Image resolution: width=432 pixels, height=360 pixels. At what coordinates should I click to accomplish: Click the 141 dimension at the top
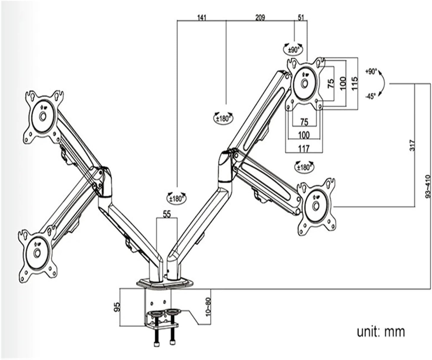tap(201, 17)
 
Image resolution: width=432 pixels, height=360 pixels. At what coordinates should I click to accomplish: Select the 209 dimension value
tap(260, 17)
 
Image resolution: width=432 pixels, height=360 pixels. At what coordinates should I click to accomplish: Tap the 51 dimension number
tap(301, 17)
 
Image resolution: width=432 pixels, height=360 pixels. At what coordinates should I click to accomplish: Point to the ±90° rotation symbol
tap(294, 49)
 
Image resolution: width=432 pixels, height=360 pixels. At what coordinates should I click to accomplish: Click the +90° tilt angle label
tap(371, 71)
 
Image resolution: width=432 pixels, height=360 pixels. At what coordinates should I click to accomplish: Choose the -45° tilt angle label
tap(370, 96)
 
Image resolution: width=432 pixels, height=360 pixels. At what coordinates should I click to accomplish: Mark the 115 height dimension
tap(355, 83)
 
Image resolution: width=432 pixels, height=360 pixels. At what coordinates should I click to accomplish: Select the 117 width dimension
tap(304, 148)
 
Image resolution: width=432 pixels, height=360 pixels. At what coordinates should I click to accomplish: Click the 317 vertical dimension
tap(413, 145)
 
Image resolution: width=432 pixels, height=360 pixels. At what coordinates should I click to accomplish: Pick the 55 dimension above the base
tap(167, 214)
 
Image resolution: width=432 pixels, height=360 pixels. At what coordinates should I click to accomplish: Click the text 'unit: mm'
tap(381, 331)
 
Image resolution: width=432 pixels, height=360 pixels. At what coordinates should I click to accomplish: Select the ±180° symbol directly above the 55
tap(176, 198)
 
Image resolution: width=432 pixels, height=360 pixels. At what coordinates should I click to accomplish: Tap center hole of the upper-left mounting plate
tap(43, 116)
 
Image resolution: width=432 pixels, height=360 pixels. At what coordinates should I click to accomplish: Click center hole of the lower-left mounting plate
tap(37, 253)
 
